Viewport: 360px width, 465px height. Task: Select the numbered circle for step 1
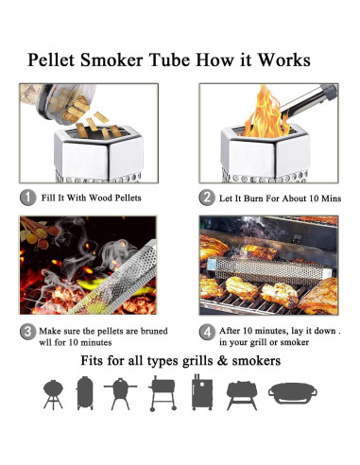coord(28,198)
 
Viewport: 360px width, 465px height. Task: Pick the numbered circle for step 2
coord(206,198)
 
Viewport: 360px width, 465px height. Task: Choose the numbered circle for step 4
coord(206,333)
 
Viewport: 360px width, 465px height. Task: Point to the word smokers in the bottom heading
coord(255,362)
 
